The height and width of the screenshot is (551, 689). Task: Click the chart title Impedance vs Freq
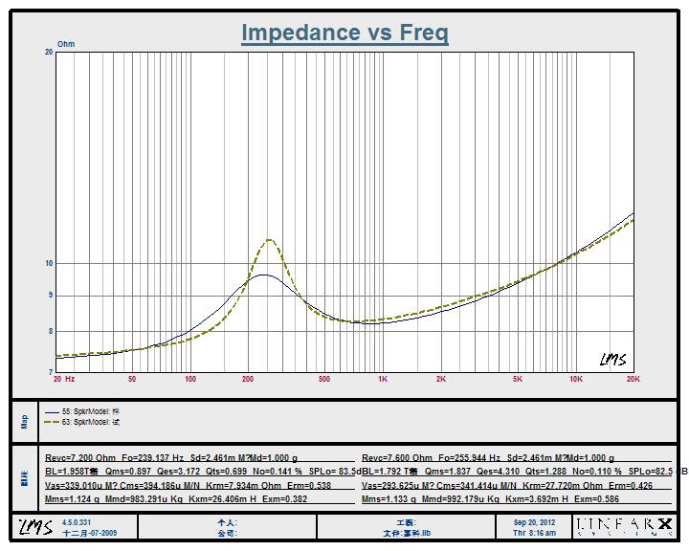tap(344, 33)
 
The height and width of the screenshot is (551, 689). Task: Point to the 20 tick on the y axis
tap(48, 53)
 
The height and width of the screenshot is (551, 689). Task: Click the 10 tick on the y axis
tap(48, 263)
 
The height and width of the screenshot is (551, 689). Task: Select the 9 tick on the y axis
tap(50, 296)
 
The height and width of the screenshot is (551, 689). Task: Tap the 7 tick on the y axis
tap(50, 371)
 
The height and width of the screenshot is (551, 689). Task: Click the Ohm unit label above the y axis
tap(66, 44)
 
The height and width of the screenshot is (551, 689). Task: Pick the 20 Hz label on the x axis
tap(64, 380)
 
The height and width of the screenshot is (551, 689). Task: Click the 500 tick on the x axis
tap(324, 380)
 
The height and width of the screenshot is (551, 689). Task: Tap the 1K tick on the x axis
tap(383, 380)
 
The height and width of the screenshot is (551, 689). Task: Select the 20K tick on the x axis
tap(633, 380)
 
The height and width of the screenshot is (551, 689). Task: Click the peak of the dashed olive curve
tap(271, 239)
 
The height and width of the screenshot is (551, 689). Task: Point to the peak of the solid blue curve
tap(261, 275)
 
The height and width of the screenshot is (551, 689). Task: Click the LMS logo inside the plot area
tap(613, 360)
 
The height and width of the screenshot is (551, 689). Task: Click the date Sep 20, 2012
tap(534, 522)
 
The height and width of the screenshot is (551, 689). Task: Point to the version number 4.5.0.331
tap(78, 522)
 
